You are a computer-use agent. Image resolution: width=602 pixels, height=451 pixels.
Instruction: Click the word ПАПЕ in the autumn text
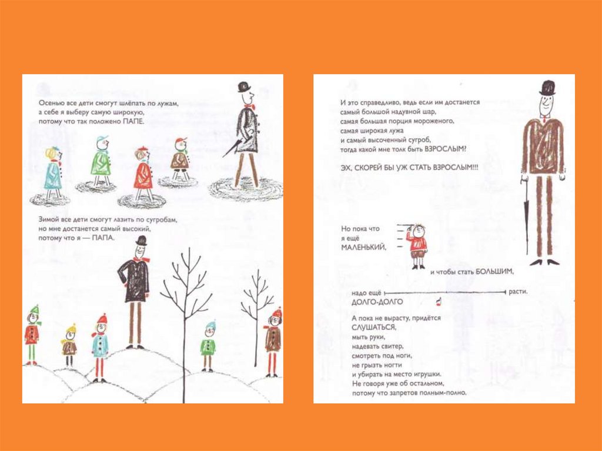point(133,122)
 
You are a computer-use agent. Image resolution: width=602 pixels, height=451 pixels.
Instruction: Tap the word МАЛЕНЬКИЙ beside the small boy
point(363,248)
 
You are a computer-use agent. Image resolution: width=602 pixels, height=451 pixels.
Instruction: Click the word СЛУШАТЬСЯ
point(373,328)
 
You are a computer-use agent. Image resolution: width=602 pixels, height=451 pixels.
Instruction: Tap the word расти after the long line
point(518,292)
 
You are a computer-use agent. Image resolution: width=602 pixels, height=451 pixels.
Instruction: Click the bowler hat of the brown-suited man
point(547,88)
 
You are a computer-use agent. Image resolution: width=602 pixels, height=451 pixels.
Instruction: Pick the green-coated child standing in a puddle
point(101,161)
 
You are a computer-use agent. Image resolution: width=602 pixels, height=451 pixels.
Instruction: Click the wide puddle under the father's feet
point(246,189)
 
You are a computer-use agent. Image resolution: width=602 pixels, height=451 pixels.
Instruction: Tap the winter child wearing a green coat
point(208,346)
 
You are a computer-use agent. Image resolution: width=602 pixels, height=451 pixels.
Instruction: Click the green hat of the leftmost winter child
point(35,309)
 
